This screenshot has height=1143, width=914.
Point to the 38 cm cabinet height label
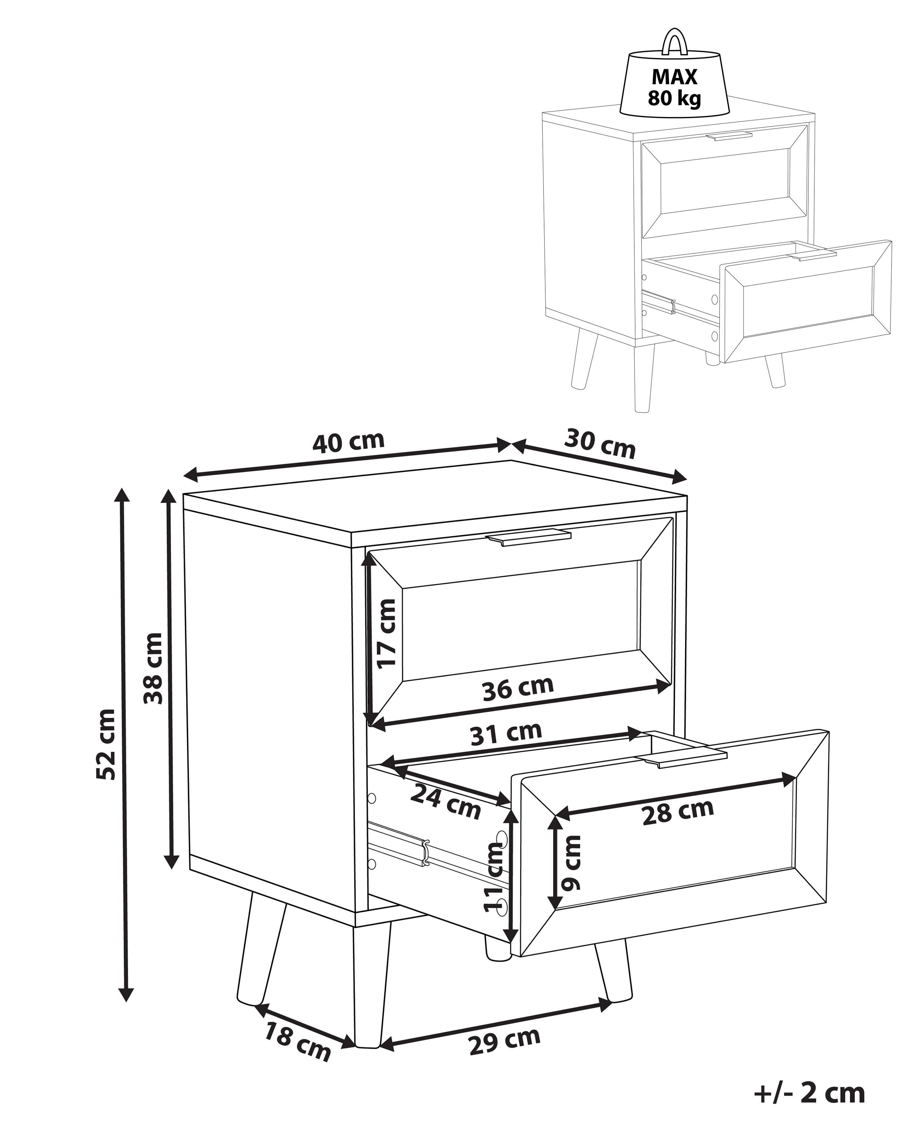coord(153,668)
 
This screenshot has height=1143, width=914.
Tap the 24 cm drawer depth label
coord(445,809)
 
